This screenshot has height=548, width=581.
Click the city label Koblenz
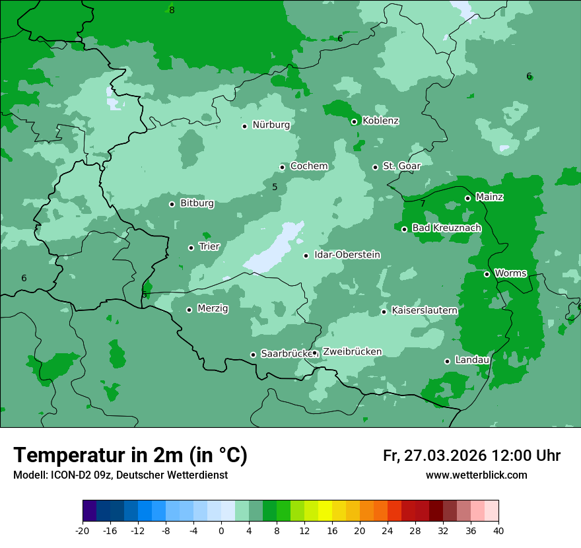[x=380, y=121]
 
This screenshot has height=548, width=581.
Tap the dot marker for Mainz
[x=467, y=198]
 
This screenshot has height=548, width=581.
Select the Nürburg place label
[x=271, y=125]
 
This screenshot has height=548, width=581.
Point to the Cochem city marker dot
[x=282, y=167]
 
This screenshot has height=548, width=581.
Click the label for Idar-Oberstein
[x=347, y=255]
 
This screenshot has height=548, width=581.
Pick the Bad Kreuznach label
[x=446, y=228]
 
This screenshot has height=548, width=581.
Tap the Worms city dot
[x=487, y=274]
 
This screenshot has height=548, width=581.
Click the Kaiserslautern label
[x=424, y=310]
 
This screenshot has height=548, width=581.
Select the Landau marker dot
[x=447, y=361]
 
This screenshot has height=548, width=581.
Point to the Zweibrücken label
[x=352, y=352]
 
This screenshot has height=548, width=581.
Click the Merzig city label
[x=213, y=308]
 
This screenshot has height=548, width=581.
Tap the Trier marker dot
[x=191, y=248]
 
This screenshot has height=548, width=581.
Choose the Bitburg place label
[x=197, y=203]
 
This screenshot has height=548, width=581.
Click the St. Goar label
[x=401, y=166]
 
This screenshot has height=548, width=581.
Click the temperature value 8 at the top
[x=172, y=10]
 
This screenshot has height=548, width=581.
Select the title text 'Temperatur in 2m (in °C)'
[x=130, y=456]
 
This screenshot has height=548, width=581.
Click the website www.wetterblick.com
[x=476, y=475]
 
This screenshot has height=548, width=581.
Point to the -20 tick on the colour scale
[x=83, y=530]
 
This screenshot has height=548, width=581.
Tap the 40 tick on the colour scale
[x=498, y=530]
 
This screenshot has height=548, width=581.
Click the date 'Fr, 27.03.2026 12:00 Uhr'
[x=471, y=456]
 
